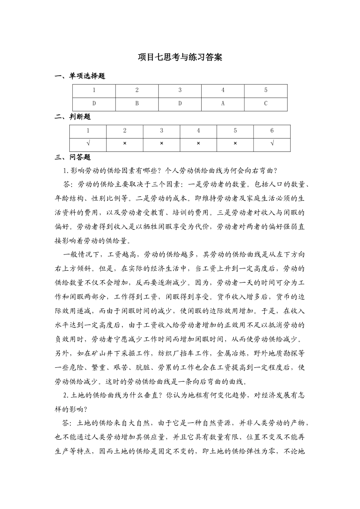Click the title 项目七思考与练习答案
pyautogui.click(x=180, y=57)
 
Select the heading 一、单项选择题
pyautogui.click(x=80, y=76)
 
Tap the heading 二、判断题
pyautogui.click(x=73, y=117)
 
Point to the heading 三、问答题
pyautogui.click(x=73, y=157)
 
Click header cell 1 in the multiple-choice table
pyautogui.click(x=94, y=90)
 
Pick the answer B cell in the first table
pyautogui.click(x=137, y=103)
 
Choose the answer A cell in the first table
pyautogui.click(x=223, y=103)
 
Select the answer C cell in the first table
pyautogui.click(x=266, y=103)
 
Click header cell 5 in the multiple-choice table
pyautogui.click(x=266, y=90)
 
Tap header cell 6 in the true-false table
pyautogui.click(x=272, y=131)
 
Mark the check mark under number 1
pyautogui.click(x=88, y=144)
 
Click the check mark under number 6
pyautogui.click(x=272, y=144)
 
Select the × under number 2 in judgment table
pyautogui.click(x=125, y=144)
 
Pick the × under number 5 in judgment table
pyautogui.click(x=235, y=144)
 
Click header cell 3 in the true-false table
pyautogui.click(x=161, y=131)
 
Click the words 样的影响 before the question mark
pyautogui.click(x=69, y=409)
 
